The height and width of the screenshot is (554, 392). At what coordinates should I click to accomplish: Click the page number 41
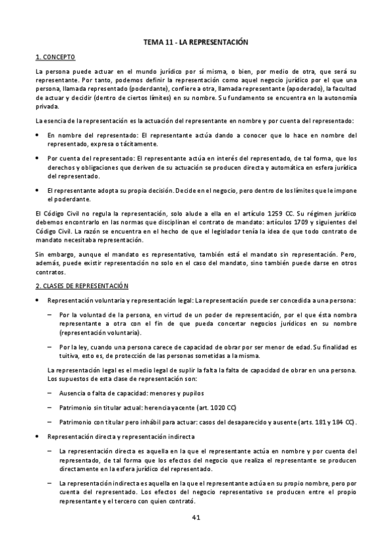(196, 518)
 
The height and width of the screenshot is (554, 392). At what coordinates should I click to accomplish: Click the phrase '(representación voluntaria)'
(99, 333)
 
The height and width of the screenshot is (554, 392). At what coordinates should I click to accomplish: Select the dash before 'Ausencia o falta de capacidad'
(50, 393)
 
